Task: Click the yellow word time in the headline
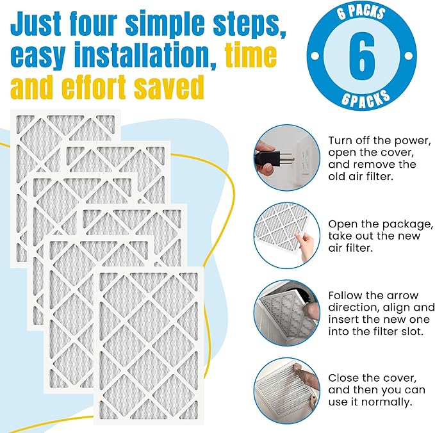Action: [250, 56]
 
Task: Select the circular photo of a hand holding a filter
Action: [286, 235]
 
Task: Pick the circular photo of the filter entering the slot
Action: [286, 312]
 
